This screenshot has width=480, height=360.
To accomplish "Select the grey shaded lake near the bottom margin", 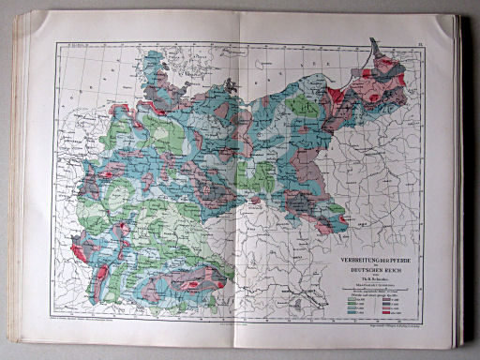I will coord(297,303).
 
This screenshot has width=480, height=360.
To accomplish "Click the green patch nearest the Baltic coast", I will coord(304,104).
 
